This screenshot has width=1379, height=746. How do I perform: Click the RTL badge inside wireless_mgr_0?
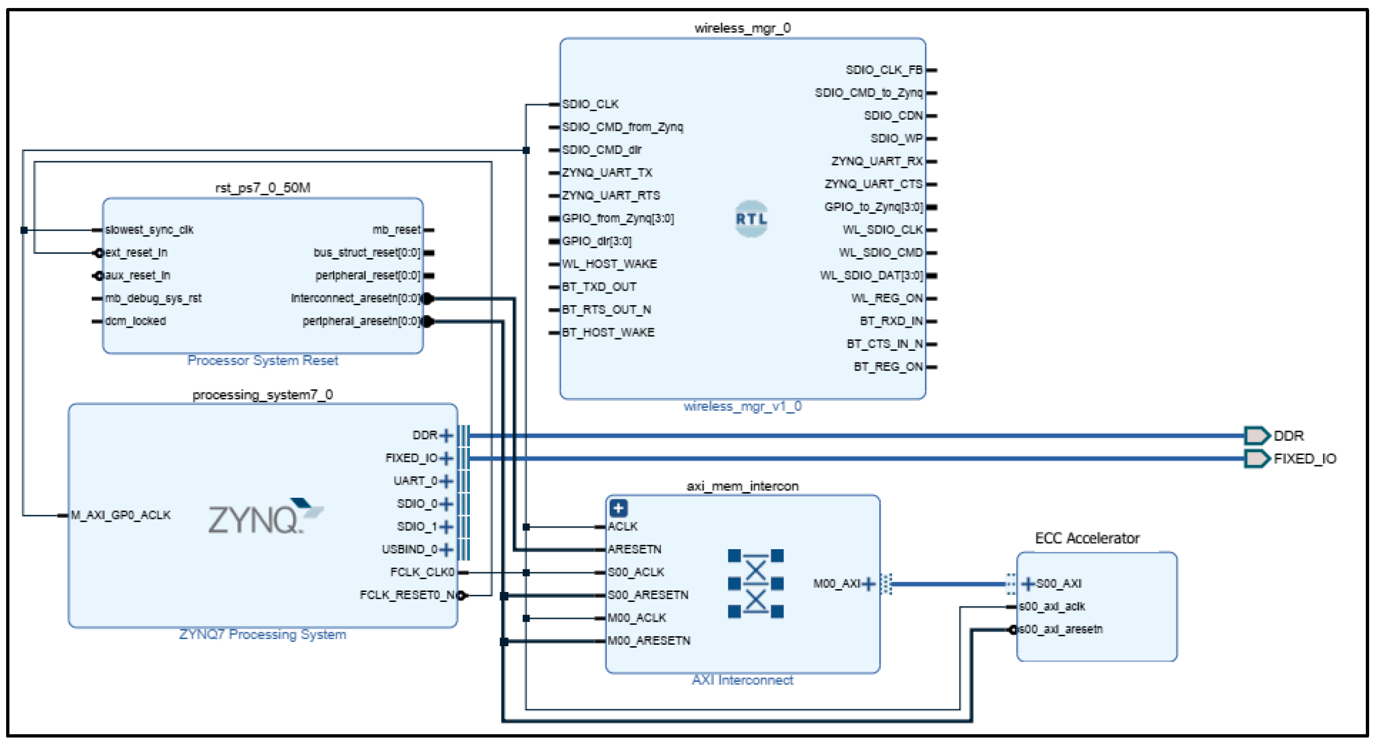click(x=751, y=219)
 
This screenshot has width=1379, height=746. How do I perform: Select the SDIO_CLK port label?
click(x=590, y=104)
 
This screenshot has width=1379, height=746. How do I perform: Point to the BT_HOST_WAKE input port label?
click(x=608, y=332)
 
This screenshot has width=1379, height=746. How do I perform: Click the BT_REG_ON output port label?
click(x=887, y=367)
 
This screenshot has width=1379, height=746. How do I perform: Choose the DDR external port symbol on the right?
click(x=1256, y=435)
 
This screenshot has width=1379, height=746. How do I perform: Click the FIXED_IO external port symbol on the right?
click(x=1256, y=458)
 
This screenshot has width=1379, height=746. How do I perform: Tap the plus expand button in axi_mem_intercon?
click(x=618, y=508)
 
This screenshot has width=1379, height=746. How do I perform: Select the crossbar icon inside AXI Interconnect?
click(x=755, y=583)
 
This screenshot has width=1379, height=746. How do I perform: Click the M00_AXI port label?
click(x=836, y=584)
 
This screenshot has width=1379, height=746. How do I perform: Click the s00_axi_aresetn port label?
click(x=1060, y=629)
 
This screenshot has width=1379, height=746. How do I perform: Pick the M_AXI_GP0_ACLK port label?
click(x=121, y=515)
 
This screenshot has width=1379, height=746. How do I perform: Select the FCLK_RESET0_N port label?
click(x=407, y=595)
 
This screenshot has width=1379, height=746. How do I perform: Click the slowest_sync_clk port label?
click(x=149, y=230)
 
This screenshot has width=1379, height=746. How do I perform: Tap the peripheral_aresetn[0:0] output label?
click(x=361, y=321)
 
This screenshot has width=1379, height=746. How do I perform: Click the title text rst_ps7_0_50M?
click(x=262, y=188)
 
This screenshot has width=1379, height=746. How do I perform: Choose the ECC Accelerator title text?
click(x=1087, y=538)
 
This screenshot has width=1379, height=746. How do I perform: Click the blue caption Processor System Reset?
click(x=262, y=360)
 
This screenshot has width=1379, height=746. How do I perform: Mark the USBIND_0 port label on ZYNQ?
click(x=410, y=550)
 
